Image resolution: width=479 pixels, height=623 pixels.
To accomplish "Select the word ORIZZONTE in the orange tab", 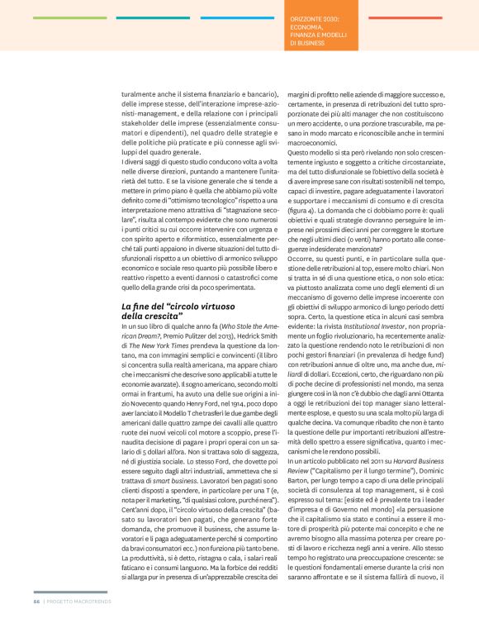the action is coord(315,17).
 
